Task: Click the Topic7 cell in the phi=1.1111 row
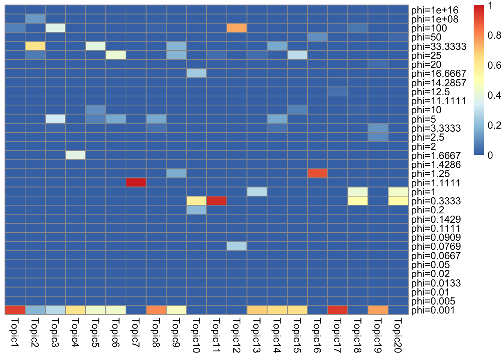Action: [136, 183]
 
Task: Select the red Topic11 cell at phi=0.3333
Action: [217, 201]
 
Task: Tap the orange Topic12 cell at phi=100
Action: [237, 28]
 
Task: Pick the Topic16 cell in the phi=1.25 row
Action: [317, 174]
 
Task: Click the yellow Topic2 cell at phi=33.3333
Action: [35, 46]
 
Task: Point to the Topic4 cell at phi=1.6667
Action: [75, 155]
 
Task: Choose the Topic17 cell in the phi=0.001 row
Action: [337, 310]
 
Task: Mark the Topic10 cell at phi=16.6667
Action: [196, 73]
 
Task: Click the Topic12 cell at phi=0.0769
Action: [237, 246]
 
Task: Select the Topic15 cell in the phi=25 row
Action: [297, 55]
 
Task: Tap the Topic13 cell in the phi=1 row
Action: [257, 192]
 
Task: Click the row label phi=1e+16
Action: [435, 10]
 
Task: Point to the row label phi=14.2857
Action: [438, 83]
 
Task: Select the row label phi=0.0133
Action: [436, 283]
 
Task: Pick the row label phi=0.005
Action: [433, 301]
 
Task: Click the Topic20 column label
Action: [398, 335]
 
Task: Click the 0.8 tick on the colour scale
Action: [494, 35]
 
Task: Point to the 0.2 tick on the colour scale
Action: [494, 125]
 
